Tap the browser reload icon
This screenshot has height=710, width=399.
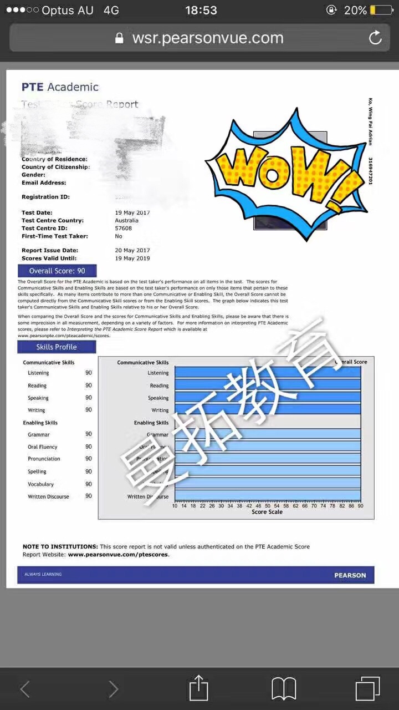[x=375, y=38]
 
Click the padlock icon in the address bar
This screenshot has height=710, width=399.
[x=119, y=38]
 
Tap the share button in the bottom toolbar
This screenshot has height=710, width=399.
[x=198, y=689]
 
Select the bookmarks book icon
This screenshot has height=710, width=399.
[x=284, y=689]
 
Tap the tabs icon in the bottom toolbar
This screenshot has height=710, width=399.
[x=367, y=689]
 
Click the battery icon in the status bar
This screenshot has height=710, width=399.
[x=381, y=10]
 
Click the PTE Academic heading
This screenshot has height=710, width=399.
[x=60, y=87]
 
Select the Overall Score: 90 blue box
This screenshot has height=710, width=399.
[x=57, y=271]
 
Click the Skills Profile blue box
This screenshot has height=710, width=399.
[x=57, y=347]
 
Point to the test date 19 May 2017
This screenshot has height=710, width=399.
[x=132, y=213]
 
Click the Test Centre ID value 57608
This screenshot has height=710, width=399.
[x=123, y=229]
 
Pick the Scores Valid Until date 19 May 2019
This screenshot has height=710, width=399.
[x=132, y=258]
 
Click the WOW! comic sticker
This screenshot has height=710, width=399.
[x=287, y=174]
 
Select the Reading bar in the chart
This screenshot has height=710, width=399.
[x=267, y=385]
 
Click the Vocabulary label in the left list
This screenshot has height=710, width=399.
[x=41, y=484]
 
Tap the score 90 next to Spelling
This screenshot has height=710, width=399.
[x=89, y=471]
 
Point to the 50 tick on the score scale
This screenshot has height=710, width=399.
[x=268, y=506]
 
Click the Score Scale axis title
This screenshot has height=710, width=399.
[x=267, y=512]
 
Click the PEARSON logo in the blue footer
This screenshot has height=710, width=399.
[x=350, y=575]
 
